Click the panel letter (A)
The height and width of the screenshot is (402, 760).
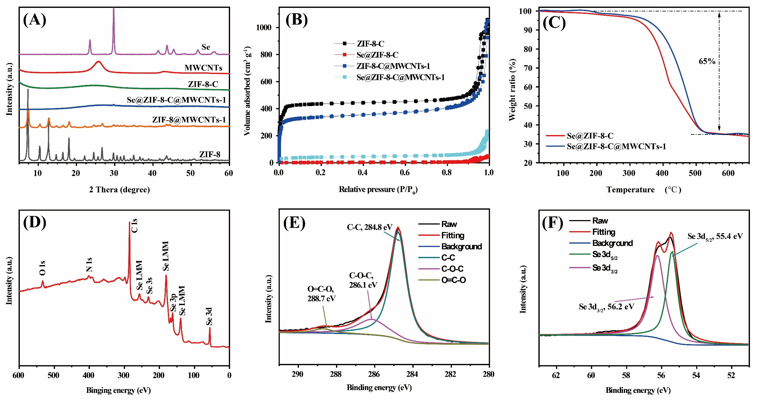[x=35, y=20]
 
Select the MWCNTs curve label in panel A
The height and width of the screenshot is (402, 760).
[x=203, y=68]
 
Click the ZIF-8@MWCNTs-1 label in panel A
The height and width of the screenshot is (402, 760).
[x=189, y=120]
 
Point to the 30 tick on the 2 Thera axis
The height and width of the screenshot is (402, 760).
[x=114, y=173]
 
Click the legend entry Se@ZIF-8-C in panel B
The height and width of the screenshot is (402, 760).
[x=377, y=55]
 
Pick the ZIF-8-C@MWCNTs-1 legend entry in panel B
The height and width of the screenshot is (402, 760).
[x=393, y=66]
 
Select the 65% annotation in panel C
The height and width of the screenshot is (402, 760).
[x=707, y=61]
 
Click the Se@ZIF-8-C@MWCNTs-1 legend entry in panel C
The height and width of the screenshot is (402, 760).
[x=616, y=146]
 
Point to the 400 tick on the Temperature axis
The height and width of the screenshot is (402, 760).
[x=662, y=173]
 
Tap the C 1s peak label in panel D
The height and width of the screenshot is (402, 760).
[x=135, y=225]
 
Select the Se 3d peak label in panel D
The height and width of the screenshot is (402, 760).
[x=209, y=316]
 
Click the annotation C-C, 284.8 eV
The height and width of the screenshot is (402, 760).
[x=370, y=227]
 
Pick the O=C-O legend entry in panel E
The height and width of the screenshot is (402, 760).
[x=453, y=280]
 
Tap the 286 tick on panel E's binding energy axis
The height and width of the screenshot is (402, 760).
[x=374, y=374]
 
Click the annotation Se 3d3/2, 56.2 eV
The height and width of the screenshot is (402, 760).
[x=606, y=307]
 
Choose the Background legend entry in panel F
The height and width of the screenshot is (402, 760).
[x=612, y=243]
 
